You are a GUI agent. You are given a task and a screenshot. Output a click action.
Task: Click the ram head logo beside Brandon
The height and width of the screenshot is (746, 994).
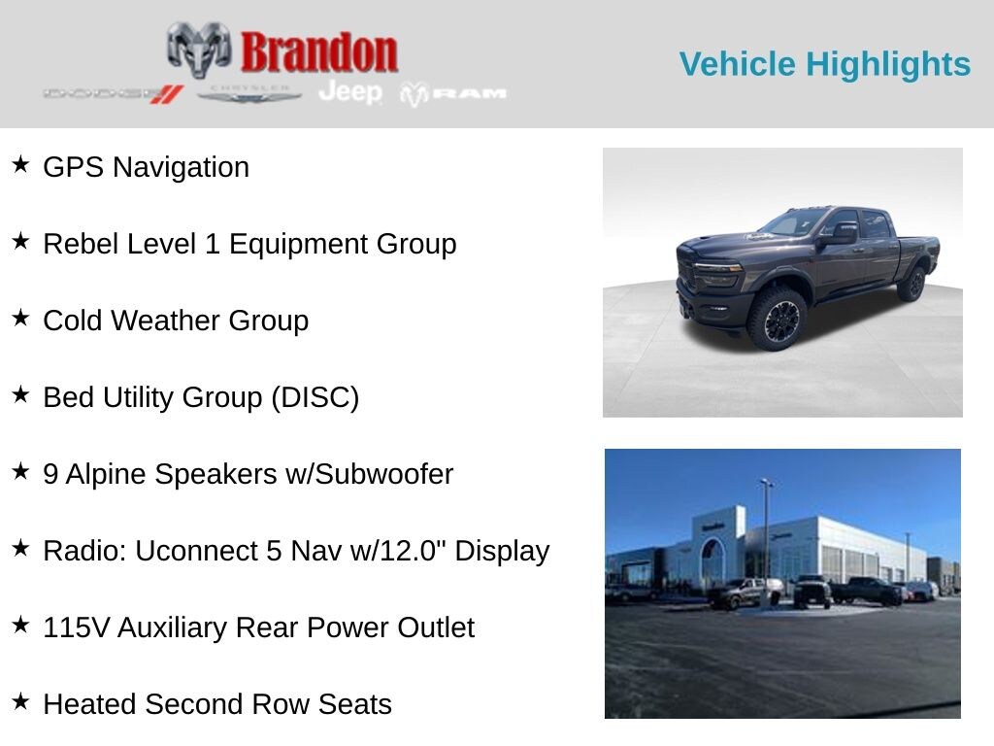click(x=198, y=50)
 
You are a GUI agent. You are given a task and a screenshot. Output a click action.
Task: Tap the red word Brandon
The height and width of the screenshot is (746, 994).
click(x=318, y=52)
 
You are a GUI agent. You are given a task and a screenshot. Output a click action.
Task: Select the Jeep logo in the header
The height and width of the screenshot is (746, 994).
click(x=350, y=92)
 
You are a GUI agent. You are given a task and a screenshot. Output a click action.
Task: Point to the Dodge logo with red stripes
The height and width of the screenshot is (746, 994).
click(x=113, y=94)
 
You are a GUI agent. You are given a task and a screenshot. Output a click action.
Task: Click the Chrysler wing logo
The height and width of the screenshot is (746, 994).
click(x=248, y=94)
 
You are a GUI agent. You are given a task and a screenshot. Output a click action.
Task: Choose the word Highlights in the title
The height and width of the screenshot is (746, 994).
click(x=887, y=65)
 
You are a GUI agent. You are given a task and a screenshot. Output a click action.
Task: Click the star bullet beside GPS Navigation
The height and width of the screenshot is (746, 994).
click(x=21, y=165)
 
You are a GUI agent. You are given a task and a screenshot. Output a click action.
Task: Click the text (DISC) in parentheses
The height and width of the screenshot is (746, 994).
click(x=315, y=397)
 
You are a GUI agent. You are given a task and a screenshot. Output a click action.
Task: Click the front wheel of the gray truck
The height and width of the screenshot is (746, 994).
click(x=777, y=319)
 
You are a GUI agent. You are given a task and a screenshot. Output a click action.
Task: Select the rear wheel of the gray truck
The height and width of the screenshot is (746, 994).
click(x=913, y=284)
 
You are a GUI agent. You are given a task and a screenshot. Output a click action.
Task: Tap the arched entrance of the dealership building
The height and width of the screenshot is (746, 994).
click(x=712, y=560)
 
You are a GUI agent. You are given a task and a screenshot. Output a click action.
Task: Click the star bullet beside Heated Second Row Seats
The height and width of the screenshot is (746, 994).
click(x=21, y=701)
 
